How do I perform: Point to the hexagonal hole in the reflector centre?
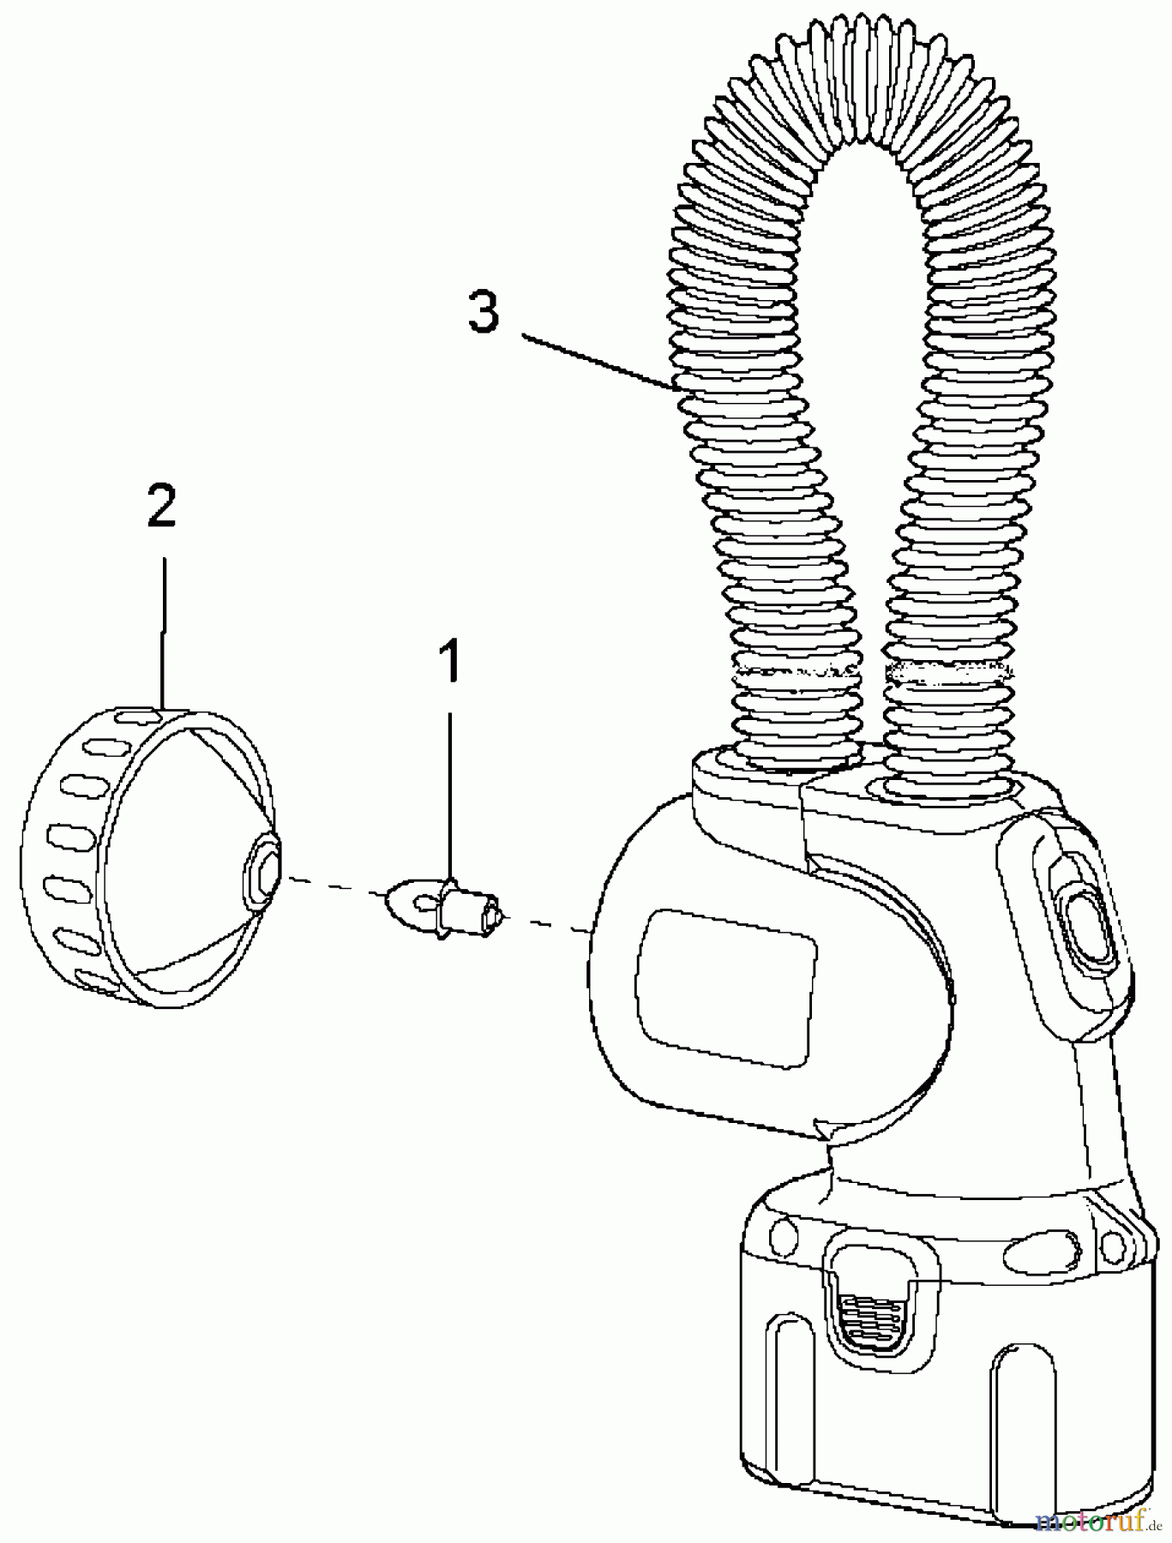click(263, 869)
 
